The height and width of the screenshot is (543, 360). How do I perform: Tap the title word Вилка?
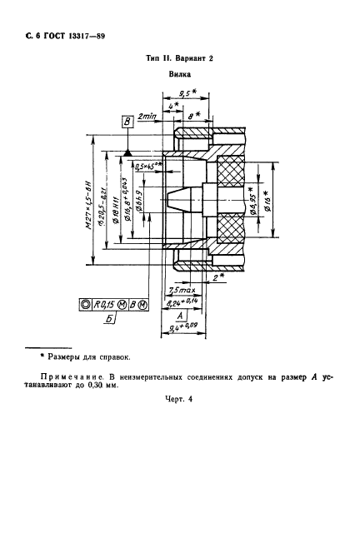coord(180,74)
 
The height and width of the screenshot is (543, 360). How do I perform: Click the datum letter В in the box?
coord(127,123)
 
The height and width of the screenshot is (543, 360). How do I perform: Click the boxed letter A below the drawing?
coord(179,316)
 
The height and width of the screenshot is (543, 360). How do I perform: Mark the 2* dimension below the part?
coord(218,276)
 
